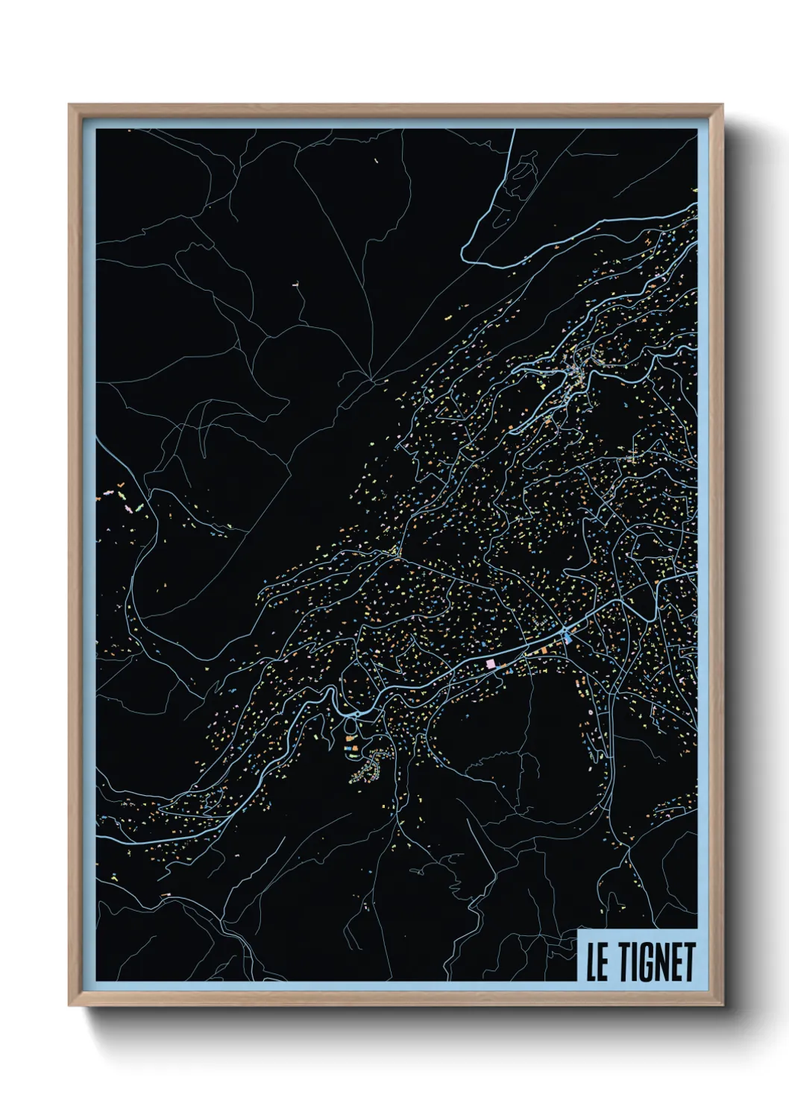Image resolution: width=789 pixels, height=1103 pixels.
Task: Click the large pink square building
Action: click(x=490, y=663)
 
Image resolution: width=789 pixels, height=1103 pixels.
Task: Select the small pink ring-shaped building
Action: click(x=591, y=712)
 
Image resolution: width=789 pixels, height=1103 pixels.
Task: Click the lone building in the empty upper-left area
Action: click(x=296, y=284)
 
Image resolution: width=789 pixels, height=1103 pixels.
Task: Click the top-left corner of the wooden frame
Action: click(x=69, y=105)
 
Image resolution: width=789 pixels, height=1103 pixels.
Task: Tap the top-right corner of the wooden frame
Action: click(x=723, y=105)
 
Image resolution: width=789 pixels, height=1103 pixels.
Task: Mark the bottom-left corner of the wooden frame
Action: click(x=69, y=1005)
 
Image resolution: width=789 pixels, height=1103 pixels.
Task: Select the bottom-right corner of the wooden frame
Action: click(x=723, y=1005)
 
